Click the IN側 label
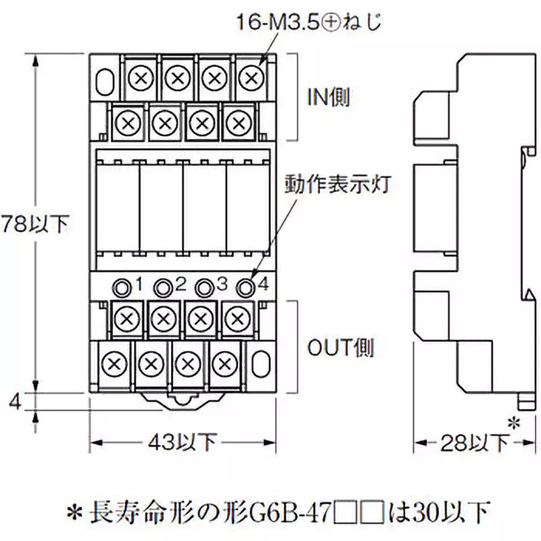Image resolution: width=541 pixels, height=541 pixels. tap(327, 99)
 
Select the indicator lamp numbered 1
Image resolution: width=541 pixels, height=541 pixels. tap(122, 287)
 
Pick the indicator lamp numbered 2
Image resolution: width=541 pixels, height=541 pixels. tap(162, 287)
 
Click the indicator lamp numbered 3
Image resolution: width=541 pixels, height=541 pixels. tap(202, 287)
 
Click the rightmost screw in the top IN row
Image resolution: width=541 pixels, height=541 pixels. tap(251, 76)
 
